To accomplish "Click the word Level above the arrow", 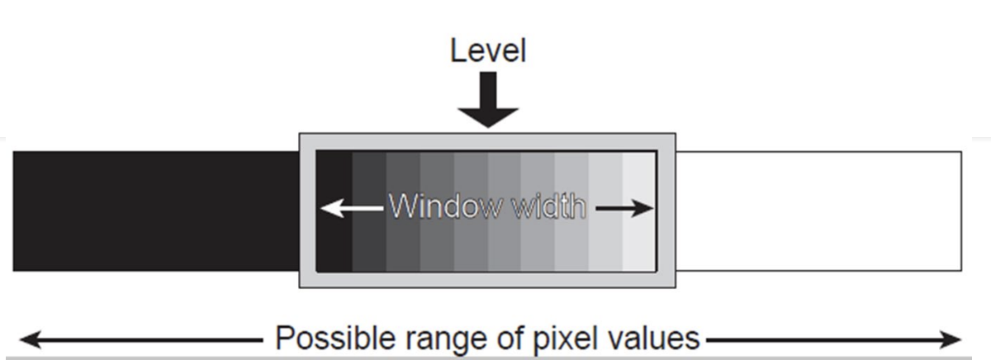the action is pyautogui.click(x=487, y=51).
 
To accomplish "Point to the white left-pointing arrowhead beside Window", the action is pyautogui.click(x=328, y=208).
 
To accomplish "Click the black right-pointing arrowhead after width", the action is pyautogui.click(x=647, y=208).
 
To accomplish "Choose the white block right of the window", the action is pyautogui.click(x=818, y=211).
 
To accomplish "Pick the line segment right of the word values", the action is pyautogui.click(x=826, y=339).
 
